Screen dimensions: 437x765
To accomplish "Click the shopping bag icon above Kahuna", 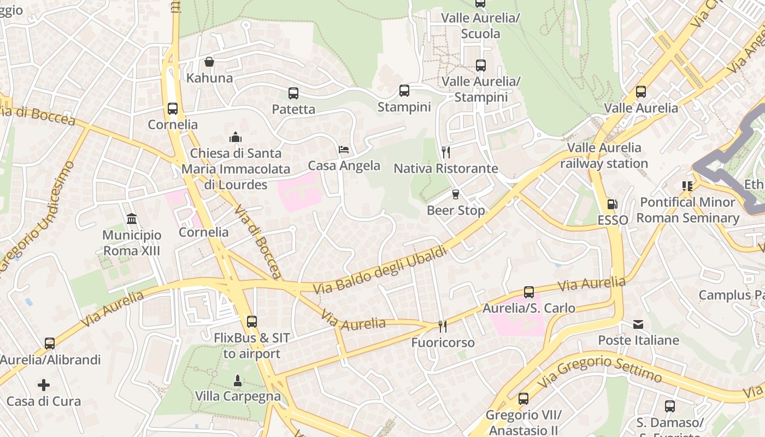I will [x=209, y=62].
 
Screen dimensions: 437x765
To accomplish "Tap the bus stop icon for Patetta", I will [x=293, y=93].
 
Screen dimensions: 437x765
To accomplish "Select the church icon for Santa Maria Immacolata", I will [x=236, y=137].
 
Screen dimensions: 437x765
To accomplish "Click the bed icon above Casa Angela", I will [x=344, y=149].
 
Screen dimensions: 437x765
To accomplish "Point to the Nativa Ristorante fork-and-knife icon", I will [x=446, y=152].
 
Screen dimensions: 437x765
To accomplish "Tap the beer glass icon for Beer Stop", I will [x=455, y=194].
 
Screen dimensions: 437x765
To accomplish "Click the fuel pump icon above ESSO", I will [x=613, y=204].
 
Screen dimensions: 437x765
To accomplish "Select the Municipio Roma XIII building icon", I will [x=132, y=219].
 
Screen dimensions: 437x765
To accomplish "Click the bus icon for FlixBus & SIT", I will [x=251, y=322].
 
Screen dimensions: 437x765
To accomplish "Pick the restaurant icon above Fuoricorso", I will [x=443, y=327].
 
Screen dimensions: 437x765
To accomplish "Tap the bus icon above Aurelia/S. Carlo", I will [x=528, y=292].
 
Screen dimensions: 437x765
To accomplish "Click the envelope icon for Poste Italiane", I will [x=638, y=324].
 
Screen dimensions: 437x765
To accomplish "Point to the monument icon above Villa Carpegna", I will [x=238, y=380].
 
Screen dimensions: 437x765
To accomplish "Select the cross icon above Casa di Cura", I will [x=44, y=385].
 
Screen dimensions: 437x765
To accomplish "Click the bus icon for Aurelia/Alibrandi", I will [x=50, y=344].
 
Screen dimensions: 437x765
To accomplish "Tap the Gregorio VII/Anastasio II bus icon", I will [x=523, y=399].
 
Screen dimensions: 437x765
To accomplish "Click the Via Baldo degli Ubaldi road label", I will [x=380, y=270].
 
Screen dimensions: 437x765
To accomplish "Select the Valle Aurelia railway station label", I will [x=604, y=156].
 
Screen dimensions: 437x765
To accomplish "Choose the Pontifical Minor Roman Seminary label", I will [x=687, y=210].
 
